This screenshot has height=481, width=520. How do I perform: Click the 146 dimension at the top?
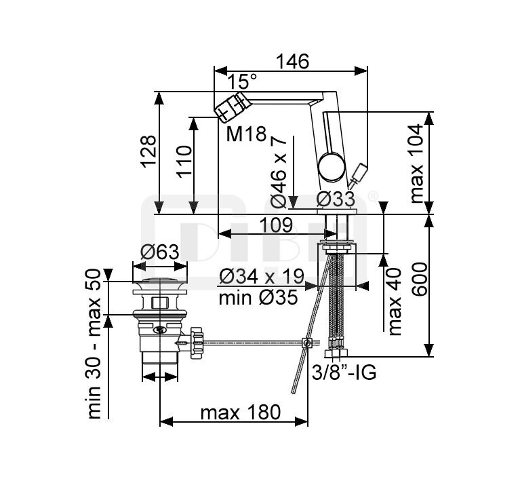point(293,61)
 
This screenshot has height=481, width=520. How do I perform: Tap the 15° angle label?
point(243,82)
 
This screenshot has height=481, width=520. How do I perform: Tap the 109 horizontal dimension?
point(274,225)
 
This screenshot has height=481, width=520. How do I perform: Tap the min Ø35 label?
point(258,297)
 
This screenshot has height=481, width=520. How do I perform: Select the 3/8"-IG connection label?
point(344,373)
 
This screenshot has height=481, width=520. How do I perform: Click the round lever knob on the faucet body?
point(331,166)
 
